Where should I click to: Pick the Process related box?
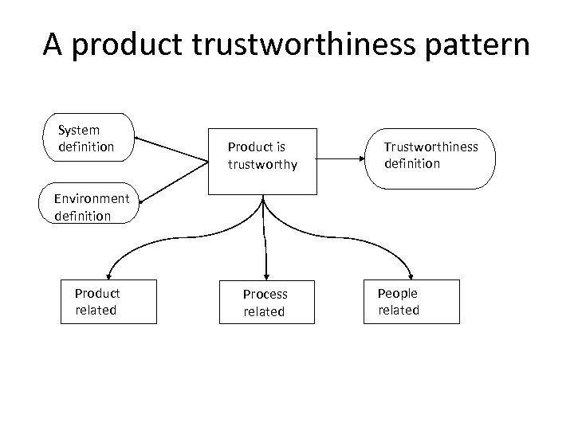click(265, 302)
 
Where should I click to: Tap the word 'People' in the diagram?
click(397, 293)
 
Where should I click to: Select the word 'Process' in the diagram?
click(265, 294)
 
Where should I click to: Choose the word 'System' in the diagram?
click(79, 130)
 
